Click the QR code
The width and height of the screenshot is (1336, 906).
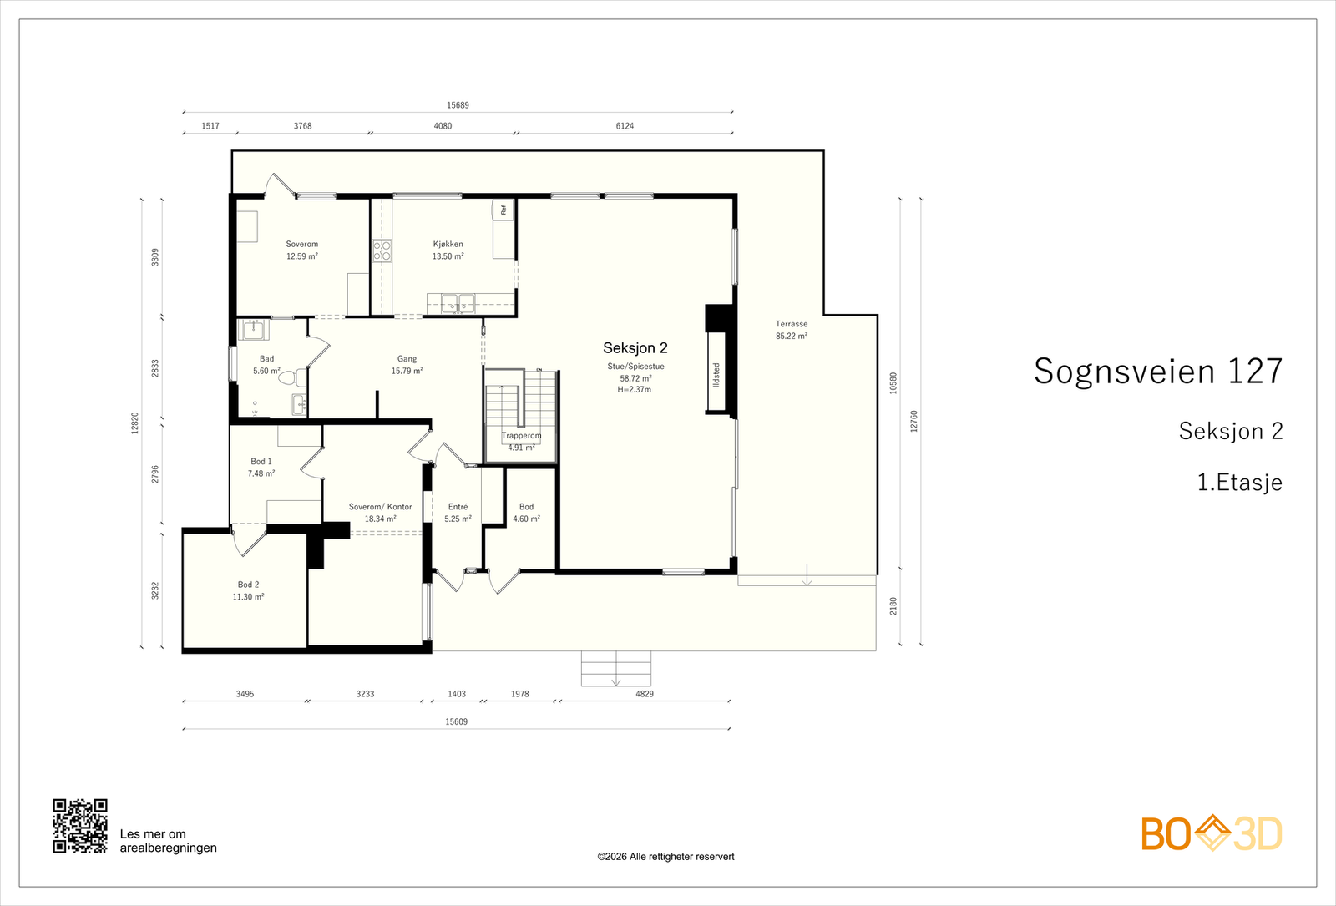[80, 826]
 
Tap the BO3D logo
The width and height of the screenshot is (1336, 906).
[1212, 833]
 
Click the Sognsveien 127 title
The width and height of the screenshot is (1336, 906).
[1157, 371]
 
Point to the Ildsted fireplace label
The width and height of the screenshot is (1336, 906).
[716, 375]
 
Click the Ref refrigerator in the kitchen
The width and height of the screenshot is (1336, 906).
[503, 210]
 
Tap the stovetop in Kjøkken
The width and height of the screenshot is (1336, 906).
[382, 251]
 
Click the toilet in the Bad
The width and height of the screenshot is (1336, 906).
[292, 377]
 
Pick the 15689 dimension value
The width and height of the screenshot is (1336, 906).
[458, 105]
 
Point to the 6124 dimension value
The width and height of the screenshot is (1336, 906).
[625, 126]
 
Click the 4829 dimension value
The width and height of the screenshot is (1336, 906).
[645, 694]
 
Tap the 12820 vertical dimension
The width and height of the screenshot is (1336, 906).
[134, 423]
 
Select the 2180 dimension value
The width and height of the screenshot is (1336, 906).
[893, 606]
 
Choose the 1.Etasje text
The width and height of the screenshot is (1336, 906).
[1239, 482]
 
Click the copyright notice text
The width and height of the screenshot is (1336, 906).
[665, 857]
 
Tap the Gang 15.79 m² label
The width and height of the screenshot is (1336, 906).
[407, 364]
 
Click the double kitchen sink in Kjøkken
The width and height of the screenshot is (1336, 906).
[458, 303]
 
